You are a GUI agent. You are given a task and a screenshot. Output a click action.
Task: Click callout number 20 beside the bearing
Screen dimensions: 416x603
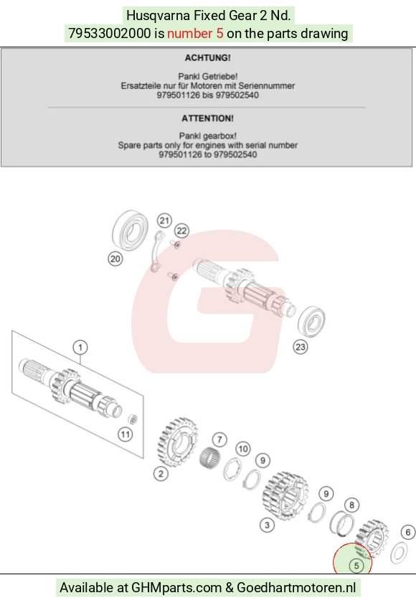pyautogui.click(x=115, y=259)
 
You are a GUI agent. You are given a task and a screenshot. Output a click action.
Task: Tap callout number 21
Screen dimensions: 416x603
pyautogui.click(x=164, y=221)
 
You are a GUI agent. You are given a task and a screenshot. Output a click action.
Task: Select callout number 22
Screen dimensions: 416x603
pyautogui.click(x=181, y=230)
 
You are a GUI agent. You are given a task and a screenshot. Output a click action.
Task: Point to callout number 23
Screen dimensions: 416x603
pyautogui.click(x=300, y=347)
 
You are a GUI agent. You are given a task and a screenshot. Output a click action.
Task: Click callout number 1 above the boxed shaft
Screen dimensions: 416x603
pyautogui.click(x=80, y=347)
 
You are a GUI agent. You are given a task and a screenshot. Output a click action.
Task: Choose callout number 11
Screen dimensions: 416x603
pyautogui.click(x=126, y=434)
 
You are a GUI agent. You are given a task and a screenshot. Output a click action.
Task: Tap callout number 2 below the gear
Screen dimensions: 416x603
pyautogui.click(x=161, y=474)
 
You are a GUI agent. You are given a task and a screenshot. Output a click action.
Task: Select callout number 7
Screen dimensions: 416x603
pyautogui.click(x=219, y=439)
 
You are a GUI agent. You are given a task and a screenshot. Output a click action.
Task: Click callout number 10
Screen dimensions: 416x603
pyautogui.click(x=243, y=449)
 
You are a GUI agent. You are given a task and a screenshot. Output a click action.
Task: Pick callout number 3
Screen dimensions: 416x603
pyautogui.click(x=268, y=525)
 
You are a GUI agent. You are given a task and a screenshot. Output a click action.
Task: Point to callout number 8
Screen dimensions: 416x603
pyautogui.click(x=351, y=505)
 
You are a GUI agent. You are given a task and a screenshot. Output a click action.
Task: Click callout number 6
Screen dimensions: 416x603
pyautogui.click(x=408, y=532)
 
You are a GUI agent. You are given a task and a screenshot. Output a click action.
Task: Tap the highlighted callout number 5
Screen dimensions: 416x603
pyautogui.click(x=356, y=566)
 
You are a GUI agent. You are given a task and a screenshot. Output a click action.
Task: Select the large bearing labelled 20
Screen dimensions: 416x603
pyautogui.click(x=130, y=230)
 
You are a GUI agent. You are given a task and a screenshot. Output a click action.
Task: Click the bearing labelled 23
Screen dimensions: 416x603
pyautogui.click(x=311, y=321)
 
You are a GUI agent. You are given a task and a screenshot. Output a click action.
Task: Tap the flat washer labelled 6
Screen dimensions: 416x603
pyautogui.click(x=399, y=553)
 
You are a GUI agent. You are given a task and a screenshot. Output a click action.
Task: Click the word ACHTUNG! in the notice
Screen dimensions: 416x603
pyautogui.click(x=207, y=58)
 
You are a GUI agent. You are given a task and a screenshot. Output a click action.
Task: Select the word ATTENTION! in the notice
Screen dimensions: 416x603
pyautogui.click(x=207, y=118)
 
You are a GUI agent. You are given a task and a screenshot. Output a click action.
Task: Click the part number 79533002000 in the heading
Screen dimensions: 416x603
pyautogui.click(x=110, y=34)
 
